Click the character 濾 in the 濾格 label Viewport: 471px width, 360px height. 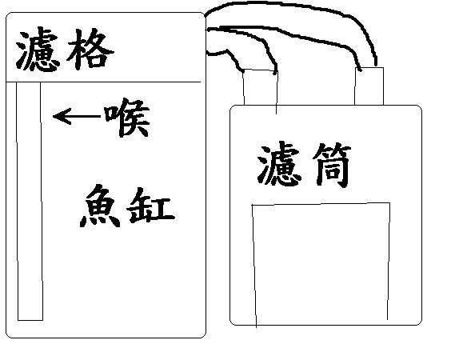pyautogui.click(x=37, y=50)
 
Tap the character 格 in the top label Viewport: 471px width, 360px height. pyautogui.click(x=90, y=49)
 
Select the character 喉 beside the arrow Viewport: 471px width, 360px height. pyautogui.click(x=127, y=117)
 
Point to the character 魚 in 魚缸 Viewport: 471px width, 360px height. pyautogui.click(x=100, y=206)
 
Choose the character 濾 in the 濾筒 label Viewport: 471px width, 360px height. pyautogui.click(x=279, y=164)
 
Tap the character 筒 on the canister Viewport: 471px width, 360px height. pyautogui.click(x=332, y=165)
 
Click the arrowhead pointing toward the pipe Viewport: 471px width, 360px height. pyautogui.click(x=62, y=116)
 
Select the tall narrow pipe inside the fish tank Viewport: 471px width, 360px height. pyautogui.click(x=29, y=201)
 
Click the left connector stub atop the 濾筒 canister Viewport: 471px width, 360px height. pyautogui.click(x=260, y=87)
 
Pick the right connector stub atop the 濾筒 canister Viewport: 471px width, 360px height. pyautogui.click(x=369, y=86)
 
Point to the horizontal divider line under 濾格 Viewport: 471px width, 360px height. pyautogui.click(x=103, y=82)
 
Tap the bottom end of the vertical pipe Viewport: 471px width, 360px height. pyautogui.click(x=30, y=320)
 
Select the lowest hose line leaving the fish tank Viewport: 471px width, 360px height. pyautogui.click(x=227, y=54)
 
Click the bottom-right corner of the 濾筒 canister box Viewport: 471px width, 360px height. pyautogui.click(x=421, y=325)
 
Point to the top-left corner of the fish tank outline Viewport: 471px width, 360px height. pyautogui.click(x=6, y=13)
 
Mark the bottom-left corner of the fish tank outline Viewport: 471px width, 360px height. pyautogui.click(x=6, y=338)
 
